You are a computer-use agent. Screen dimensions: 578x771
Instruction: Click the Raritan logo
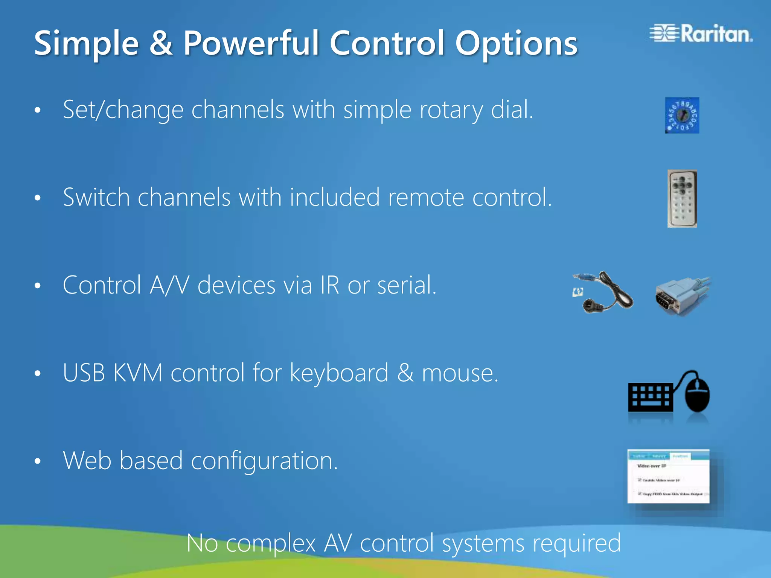[x=701, y=34]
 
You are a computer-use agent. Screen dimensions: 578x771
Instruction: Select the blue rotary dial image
[x=682, y=116]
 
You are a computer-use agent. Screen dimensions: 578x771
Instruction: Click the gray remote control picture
[x=682, y=198]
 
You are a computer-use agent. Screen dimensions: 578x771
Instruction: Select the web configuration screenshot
[x=668, y=476]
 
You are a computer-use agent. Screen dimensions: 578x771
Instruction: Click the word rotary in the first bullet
[x=451, y=110]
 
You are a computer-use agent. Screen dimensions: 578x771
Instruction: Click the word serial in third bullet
[x=407, y=285]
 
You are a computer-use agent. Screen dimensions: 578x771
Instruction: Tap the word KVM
[x=138, y=373]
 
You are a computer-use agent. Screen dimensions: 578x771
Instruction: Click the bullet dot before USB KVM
[x=37, y=374]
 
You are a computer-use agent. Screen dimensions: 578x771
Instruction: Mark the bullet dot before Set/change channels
[x=37, y=111]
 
